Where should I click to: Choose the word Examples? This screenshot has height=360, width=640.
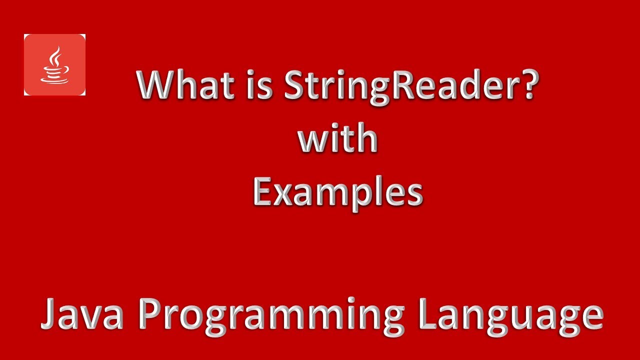coord(338,193)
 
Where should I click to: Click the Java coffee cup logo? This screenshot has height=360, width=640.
coord(54,64)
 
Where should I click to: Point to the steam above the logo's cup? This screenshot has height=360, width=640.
coord(55,54)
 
